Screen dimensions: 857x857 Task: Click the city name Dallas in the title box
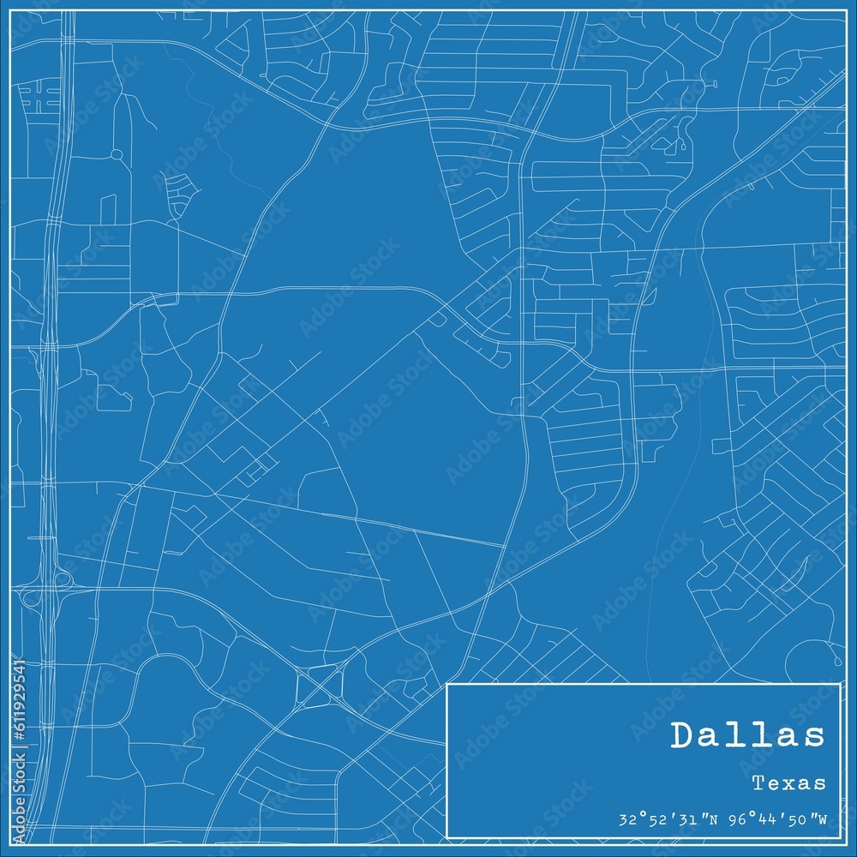pyautogui.click(x=748, y=735)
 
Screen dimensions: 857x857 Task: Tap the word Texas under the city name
pyautogui.click(x=789, y=782)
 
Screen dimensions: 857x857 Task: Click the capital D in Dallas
pyautogui.click(x=685, y=735)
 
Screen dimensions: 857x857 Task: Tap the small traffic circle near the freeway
pyautogui.click(x=117, y=154)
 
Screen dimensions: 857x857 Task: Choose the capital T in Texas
pyautogui.click(x=758, y=782)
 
